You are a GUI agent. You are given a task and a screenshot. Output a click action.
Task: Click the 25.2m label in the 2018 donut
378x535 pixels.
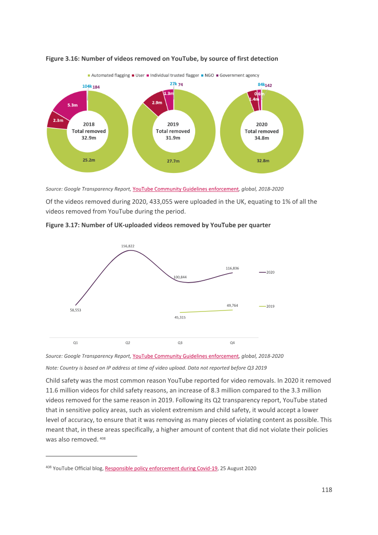89,160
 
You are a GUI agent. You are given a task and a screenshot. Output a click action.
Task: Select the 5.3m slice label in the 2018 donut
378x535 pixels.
72,105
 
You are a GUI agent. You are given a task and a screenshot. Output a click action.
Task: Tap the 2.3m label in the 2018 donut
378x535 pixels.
58,121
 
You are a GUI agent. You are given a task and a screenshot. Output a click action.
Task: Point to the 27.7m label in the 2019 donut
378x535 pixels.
173,161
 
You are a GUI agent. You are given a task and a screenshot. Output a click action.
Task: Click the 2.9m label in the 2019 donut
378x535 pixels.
157,103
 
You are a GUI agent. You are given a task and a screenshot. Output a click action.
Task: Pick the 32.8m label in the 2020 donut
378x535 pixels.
263,161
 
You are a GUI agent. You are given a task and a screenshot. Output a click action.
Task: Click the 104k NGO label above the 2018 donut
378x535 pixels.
87,86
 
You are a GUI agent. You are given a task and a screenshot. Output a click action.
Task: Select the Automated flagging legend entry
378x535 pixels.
109,76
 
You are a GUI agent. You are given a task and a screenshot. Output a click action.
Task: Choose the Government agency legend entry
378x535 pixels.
238,76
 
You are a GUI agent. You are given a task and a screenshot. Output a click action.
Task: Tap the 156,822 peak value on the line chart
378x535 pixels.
128,246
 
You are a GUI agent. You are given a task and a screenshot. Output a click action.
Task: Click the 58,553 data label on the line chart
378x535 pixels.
76,310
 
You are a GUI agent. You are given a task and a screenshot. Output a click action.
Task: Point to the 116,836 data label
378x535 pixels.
232,268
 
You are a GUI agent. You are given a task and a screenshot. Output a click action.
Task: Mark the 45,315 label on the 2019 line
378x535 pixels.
180,317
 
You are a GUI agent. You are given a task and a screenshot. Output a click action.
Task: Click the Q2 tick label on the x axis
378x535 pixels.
128,343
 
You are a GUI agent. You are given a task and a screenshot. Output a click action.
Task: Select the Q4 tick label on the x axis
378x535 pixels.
232,343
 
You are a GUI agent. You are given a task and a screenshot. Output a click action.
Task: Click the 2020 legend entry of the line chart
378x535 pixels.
267,272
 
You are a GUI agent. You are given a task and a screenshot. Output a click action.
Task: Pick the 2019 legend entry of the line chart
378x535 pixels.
267,306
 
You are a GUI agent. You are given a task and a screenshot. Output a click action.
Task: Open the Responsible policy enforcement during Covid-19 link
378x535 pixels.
161,468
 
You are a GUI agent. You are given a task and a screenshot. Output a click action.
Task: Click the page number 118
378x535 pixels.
327,490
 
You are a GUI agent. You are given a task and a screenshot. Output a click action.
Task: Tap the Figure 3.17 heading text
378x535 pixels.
158,225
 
